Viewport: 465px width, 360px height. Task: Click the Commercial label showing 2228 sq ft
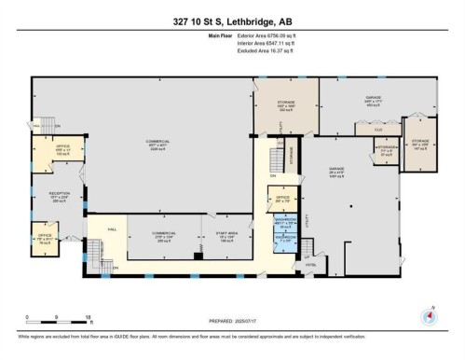143,145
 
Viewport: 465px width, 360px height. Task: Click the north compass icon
430,316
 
